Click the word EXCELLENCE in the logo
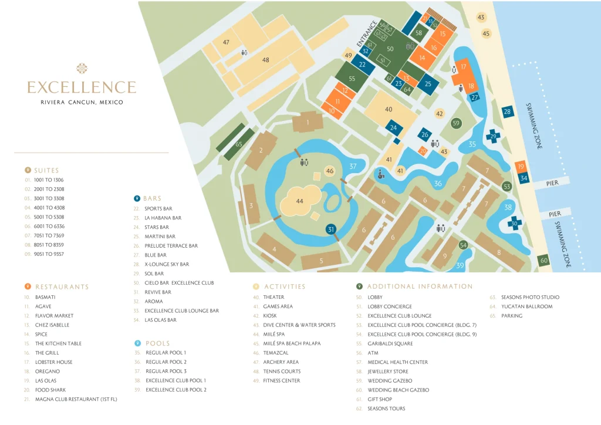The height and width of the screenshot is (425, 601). tap(82, 88)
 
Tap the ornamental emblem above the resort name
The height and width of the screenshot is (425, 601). tap(82, 69)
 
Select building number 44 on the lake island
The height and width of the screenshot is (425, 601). tap(299, 201)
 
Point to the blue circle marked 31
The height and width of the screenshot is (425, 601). tap(332, 230)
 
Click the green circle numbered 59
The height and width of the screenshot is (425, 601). tap(456, 123)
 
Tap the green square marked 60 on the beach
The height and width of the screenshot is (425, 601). tap(543, 260)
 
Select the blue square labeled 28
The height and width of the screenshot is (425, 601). tap(507, 112)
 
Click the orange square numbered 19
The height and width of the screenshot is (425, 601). tap(521, 167)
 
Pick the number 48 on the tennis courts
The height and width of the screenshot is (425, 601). tap(265, 60)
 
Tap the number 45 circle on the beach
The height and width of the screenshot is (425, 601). tap(486, 33)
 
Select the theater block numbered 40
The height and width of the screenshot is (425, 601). tap(389, 109)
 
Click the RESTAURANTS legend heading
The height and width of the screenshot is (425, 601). tap(62, 287)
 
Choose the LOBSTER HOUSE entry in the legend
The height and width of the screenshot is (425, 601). tap(54, 362)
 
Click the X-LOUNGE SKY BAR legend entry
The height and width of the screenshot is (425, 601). tap(167, 264)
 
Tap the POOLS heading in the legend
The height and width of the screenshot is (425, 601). tap(157, 343)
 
